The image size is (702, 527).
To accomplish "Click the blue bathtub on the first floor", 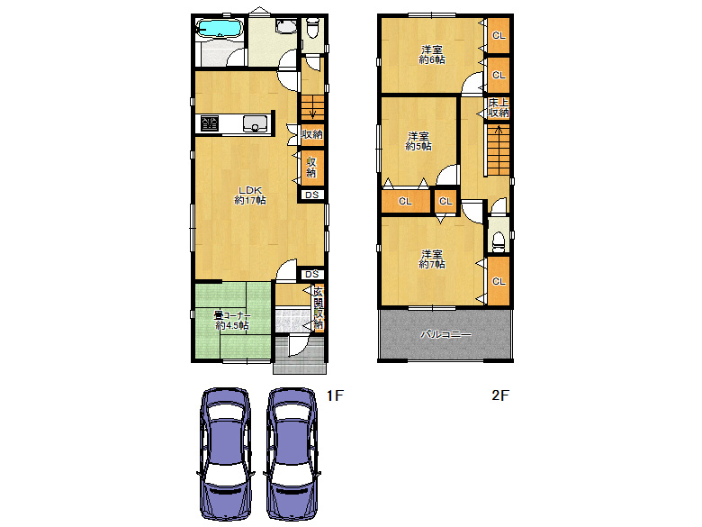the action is click(x=220, y=28).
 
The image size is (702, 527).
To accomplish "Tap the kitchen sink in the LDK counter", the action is click(x=256, y=123).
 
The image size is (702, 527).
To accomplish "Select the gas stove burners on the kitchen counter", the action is click(x=210, y=123).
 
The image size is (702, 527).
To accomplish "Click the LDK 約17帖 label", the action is click(x=250, y=195).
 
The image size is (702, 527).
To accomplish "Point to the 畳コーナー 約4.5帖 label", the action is click(x=232, y=321).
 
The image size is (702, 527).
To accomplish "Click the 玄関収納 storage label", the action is click(x=319, y=308).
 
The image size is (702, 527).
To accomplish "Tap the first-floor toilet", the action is click(x=312, y=28).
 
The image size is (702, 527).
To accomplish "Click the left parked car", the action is click(x=224, y=453).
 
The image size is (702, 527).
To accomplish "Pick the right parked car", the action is click(x=292, y=453).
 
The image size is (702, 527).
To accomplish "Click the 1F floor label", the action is click(x=335, y=395).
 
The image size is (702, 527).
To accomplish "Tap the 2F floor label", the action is click(x=500, y=395).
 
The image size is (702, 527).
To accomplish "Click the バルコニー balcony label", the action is click(x=445, y=334).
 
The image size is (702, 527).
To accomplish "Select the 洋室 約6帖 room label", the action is click(x=432, y=55).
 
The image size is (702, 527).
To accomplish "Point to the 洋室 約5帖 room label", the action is click(x=418, y=141).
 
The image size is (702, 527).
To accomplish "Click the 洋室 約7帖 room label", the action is click(x=432, y=259).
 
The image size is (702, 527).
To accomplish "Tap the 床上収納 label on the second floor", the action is click(x=499, y=107).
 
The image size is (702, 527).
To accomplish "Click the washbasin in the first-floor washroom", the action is click(x=285, y=26).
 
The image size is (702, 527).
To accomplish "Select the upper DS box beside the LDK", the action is click(x=312, y=195).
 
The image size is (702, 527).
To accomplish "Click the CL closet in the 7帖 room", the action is click(x=499, y=281).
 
